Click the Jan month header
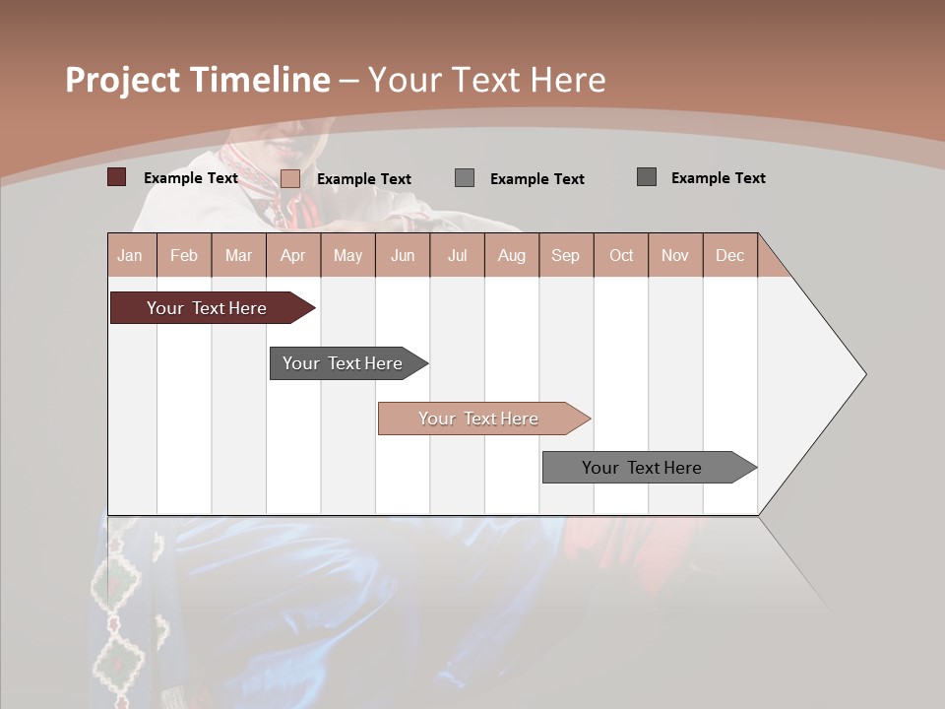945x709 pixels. [130, 255]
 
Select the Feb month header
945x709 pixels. [184, 255]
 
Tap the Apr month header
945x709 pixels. [292, 255]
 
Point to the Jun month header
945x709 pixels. [403, 255]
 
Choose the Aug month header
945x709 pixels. [511, 255]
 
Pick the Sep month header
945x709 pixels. [565, 255]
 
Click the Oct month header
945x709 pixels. [621, 255]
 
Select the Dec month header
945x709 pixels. [729, 255]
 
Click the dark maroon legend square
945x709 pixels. [117, 177]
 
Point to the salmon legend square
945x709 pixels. [290, 178]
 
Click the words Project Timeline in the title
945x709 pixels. [198, 80]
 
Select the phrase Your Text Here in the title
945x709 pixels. [487, 80]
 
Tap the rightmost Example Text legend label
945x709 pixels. [718, 178]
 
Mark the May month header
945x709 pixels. [347, 255]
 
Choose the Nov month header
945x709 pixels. [674, 255]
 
